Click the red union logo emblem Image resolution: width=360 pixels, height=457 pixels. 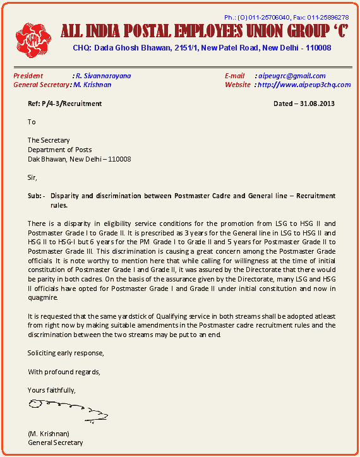pos(33,37)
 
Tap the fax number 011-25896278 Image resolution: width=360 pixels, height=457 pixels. pos(328,17)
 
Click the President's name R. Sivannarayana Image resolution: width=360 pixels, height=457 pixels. pos(102,76)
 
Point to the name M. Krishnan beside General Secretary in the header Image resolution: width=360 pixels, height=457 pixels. pos(92,85)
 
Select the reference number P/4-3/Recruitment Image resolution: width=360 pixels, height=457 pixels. pos(73,104)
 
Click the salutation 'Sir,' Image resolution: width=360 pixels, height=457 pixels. pos(32,177)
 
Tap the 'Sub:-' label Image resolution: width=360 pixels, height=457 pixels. pos(37,196)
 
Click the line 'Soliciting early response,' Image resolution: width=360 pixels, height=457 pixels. pos(66,352)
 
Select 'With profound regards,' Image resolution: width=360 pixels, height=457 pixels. pos(64,371)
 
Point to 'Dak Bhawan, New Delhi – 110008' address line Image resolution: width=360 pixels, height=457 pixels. pos(79,159)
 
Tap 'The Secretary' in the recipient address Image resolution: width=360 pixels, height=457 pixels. pos(49,140)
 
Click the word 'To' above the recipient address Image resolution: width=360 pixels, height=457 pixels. pos(32,122)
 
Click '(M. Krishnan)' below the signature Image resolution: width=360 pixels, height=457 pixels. pos(49,434)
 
